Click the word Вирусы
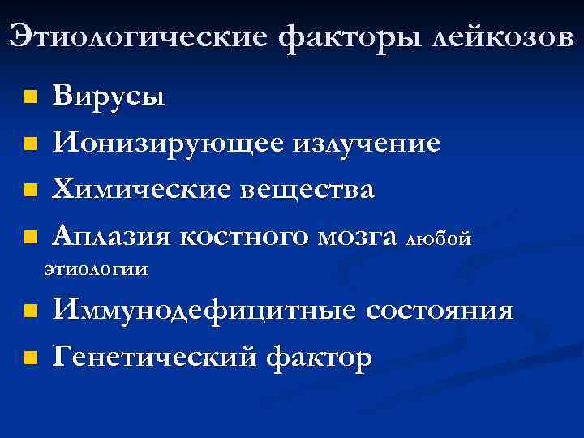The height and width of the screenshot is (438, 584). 109,97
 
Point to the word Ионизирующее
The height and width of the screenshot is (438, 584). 168,144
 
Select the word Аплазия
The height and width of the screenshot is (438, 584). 112,238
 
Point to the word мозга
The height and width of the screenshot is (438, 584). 359,238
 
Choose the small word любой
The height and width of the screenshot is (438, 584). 438,240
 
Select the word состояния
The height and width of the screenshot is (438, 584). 440,311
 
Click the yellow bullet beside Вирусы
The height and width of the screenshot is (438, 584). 30,98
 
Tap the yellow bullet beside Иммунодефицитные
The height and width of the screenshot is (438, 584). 30,311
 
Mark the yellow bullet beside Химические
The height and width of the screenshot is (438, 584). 30,192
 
